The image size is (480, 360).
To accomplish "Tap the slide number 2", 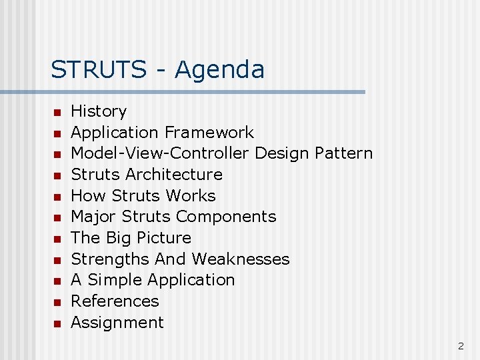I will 461,345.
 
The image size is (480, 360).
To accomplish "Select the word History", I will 99,111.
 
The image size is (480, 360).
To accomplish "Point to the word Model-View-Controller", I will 160,153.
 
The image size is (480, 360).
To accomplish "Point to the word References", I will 115,301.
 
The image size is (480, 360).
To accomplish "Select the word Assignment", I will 117,323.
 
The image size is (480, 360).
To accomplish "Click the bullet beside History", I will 58,112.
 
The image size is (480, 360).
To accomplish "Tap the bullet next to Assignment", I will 58,323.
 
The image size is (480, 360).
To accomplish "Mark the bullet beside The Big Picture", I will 58,239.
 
